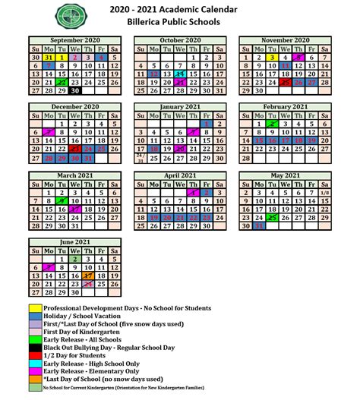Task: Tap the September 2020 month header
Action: pos(75,39)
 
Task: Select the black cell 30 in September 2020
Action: pos(74,90)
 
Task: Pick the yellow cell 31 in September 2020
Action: pos(48,57)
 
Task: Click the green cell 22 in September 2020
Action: pos(62,82)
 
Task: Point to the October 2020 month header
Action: pos(180,39)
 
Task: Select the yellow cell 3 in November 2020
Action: pos(271,57)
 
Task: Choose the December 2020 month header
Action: pos(75,107)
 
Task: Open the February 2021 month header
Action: pos(285,107)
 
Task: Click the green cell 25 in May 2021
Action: pos(272,216)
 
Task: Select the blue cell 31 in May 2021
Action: pos(259,225)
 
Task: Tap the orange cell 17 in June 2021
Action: pos(88,276)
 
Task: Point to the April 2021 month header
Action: pos(180,174)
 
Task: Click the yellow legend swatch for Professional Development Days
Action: pos(35,308)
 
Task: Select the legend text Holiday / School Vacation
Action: pos(84,316)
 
